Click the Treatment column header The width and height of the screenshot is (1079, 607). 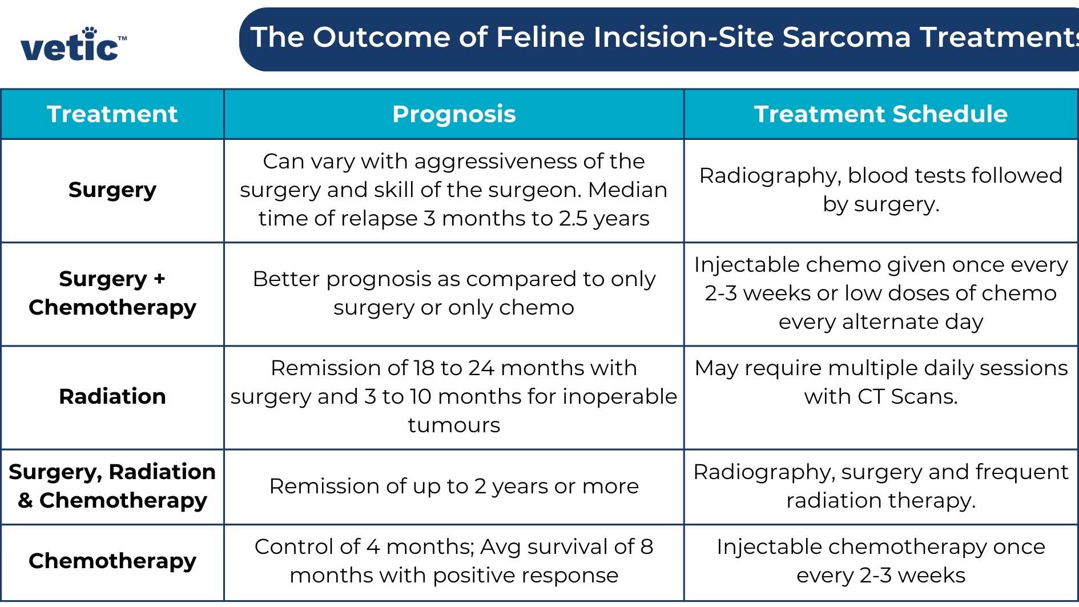click(112, 114)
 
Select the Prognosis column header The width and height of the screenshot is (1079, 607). click(454, 114)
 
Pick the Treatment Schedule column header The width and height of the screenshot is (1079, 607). click(880, 114)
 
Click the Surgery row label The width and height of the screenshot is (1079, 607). click(112, 190)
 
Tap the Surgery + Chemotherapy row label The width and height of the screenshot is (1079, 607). click(112, 293)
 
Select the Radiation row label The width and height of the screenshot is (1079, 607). click(112, 396)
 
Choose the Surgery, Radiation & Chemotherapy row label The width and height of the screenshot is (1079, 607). click(112, 486)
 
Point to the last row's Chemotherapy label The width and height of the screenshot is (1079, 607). click(112, 561)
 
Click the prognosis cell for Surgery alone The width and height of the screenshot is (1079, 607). click(454, 190)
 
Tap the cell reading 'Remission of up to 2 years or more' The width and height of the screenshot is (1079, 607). click(454, 486)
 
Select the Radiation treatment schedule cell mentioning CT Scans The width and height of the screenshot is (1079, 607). click(880, 382)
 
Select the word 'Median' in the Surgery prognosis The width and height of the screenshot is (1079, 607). click(627, 190)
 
